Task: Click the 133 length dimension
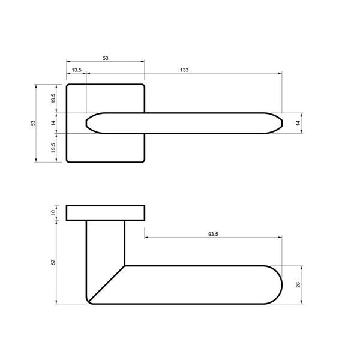184,70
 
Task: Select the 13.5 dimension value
77,70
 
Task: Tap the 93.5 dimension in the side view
213,234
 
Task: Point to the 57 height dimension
53,262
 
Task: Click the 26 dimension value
298,285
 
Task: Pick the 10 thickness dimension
53,212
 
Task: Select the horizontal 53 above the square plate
106,58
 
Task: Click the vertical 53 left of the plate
33,123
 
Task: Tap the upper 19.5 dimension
53,98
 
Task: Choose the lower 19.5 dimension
53,148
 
